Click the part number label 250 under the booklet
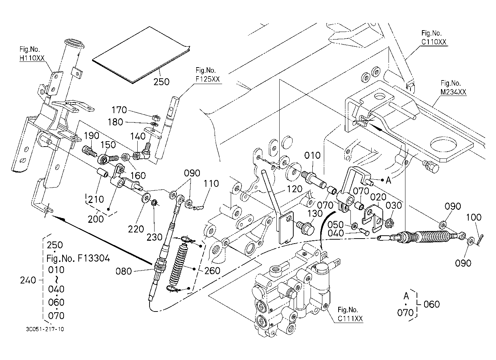161,82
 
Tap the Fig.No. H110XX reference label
32,54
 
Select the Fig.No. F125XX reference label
207,75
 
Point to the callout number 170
119,110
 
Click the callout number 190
91,135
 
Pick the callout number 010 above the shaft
312,155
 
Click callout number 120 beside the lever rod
294,189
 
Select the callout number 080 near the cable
124,271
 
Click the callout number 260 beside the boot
212,270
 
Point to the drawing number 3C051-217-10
45,329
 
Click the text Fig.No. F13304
78,258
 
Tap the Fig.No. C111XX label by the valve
350,314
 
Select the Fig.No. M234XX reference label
453,87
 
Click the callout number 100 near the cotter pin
474,217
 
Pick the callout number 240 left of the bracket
28,280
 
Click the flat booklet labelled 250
141,55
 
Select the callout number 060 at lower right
432,304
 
